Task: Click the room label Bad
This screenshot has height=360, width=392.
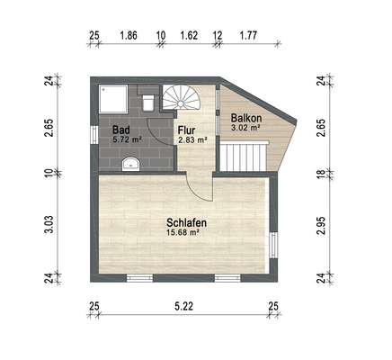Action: tap(121, 130)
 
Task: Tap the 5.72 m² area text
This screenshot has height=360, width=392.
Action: tap(127, 139)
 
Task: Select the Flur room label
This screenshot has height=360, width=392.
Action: tap(186, 130)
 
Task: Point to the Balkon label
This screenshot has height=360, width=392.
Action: tap(246, 118)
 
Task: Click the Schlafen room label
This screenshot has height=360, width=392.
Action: tap(186, 223)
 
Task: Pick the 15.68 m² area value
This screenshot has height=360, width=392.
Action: tap(183, 232)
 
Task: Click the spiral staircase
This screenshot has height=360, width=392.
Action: tap(181, 97)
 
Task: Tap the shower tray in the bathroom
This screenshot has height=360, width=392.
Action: tap(113, 99)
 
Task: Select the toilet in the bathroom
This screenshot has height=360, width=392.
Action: tap(148, 103)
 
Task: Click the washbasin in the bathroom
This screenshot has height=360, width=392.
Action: tap(131, 164)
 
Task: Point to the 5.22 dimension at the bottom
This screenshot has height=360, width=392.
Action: tap(183, 306)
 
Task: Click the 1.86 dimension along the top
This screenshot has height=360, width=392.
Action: tap(129, 35)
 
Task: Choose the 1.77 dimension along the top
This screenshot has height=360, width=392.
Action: tap(248, 35)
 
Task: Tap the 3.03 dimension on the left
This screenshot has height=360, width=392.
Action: tap(49, 224)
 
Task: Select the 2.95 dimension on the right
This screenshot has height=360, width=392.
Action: tap(321, 226)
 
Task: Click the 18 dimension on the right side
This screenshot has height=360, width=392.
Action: tap(321, 175)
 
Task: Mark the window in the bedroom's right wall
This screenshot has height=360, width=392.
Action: tap(273, 245)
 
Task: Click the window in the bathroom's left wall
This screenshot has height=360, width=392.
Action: tap(94, 135)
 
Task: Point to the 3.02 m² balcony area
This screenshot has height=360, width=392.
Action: tap(245, 127)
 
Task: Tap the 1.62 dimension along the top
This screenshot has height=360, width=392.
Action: tap(189, 35)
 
